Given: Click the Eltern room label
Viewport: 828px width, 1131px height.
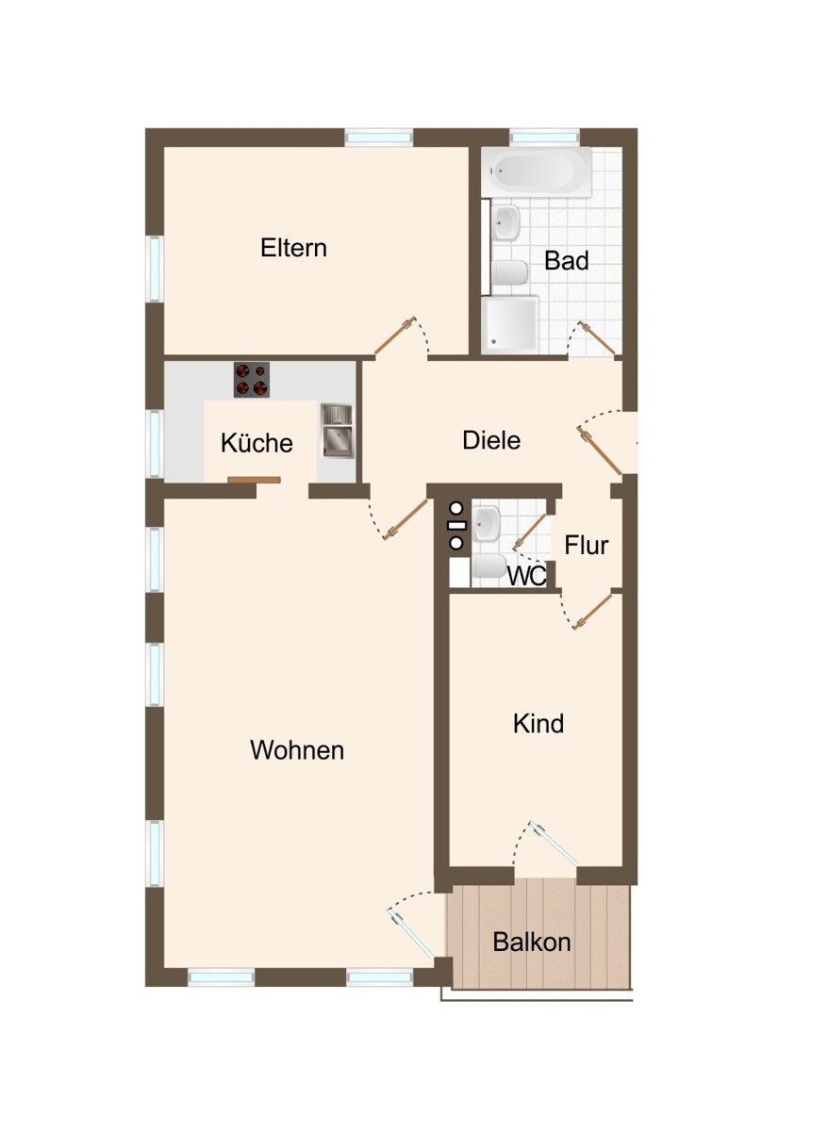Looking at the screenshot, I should click(x=293, y=248).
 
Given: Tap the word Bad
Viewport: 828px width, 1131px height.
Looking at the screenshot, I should click(x=566, y=260).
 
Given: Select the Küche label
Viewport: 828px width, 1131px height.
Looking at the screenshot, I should click(x=257, y=443).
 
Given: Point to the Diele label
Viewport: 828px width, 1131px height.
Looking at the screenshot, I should click(x=491, y=439).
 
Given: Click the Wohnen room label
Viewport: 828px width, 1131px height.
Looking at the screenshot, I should click(x=297, y=750).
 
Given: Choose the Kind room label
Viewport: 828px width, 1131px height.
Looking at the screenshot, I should click(x=538, y=724).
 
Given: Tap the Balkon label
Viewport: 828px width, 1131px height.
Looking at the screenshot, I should click(x=532, y=942).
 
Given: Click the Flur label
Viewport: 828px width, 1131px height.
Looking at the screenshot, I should click(x=586, y=545).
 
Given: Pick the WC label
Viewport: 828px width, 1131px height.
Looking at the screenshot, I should click(x=526, y=577).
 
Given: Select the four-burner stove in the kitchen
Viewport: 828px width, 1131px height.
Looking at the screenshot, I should click(x=252, y=379).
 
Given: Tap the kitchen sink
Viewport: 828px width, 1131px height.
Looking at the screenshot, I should click(x=336, y=429).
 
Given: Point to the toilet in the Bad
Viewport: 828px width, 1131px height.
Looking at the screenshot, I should click(x=510, y=273).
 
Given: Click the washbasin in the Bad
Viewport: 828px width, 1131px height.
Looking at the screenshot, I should click(x=507, y=223).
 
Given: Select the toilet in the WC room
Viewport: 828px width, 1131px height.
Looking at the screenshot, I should click(x=489, y=565).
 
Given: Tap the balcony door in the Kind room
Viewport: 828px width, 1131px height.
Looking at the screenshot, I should click(x=555, y=843).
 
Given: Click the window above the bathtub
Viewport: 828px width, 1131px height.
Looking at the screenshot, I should click(x=544, y=138).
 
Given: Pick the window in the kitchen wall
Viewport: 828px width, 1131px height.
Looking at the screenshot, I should click(x=155, y=443).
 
